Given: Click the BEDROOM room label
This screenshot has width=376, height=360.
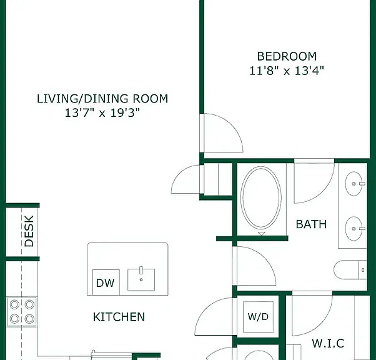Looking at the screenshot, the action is point(287,57).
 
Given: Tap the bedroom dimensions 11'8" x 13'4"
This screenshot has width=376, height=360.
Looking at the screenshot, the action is point(287,71).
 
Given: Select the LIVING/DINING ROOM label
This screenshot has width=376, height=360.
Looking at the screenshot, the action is point(102,99).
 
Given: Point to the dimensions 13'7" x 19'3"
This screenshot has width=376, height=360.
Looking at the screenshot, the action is point(102,112).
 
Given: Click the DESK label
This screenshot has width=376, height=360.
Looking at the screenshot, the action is point(29,231).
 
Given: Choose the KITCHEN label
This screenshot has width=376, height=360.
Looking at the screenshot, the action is point(119,317).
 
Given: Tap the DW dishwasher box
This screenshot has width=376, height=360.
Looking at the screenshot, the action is point(106,282).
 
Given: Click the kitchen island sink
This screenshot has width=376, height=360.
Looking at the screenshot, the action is point(141,279).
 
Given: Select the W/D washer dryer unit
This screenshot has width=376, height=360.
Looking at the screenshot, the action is point(258,317).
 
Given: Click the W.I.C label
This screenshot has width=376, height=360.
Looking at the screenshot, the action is point(328,343).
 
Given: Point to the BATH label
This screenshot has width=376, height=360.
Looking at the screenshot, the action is point(311,224).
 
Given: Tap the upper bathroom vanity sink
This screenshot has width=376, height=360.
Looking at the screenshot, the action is point(354,184).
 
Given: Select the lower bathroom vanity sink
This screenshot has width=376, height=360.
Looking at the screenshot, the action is point(354,229).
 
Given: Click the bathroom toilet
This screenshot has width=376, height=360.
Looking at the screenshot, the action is point(350,270).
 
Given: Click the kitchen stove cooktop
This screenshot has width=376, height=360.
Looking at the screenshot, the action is point(22,312).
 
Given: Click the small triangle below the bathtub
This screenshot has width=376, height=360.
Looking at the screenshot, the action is point(262,234).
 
